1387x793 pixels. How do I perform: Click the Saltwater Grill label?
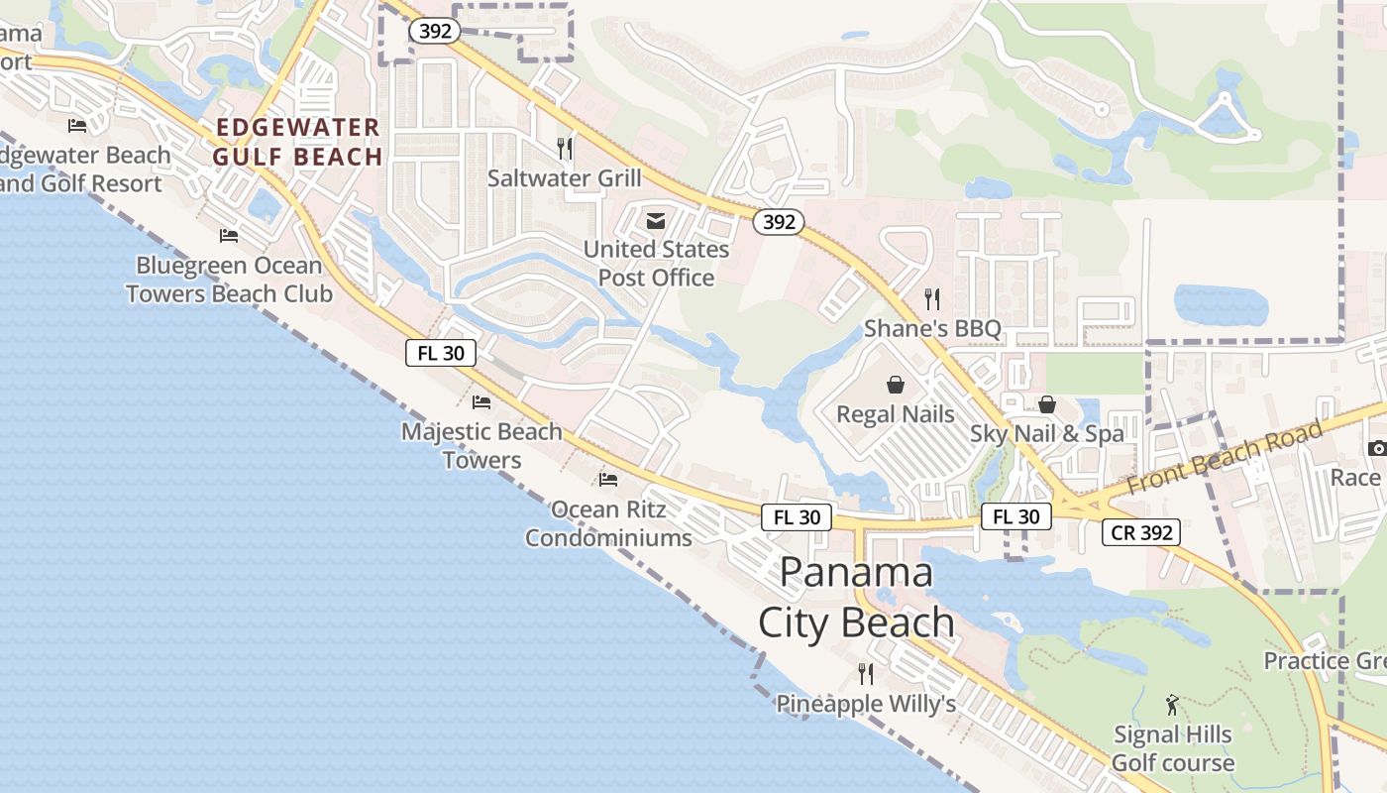coord(564,178)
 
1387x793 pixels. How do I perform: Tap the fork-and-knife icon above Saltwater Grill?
coord(565,149)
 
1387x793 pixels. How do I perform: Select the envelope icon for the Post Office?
coord(656,221)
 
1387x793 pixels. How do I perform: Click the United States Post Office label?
coord(656,264)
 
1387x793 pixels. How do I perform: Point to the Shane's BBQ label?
coord(932,328)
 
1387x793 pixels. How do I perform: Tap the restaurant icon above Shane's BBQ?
coord(931,297)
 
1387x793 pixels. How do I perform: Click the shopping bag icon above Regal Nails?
coord(896,385)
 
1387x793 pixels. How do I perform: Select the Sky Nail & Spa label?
coord(1047,433)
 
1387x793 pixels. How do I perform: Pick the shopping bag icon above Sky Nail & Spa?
coord(1047,404)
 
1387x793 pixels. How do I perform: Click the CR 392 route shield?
coord(1141,532)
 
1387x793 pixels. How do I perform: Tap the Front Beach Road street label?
coord(1225,457)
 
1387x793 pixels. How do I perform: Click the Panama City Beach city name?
coord(856,597)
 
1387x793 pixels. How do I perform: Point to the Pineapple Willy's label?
coord(865,704)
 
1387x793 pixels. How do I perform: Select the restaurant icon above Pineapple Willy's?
coord(866,674)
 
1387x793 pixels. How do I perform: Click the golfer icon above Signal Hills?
coord(1173,705)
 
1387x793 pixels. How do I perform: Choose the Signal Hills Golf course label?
coord(1173,748)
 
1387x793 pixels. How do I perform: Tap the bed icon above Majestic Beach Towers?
coord(481,402)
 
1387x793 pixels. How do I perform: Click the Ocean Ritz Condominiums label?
coord(608,523)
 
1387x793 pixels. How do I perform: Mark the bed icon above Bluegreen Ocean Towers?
coord(229,236)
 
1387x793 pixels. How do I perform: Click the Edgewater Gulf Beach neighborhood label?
coord(298,142)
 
